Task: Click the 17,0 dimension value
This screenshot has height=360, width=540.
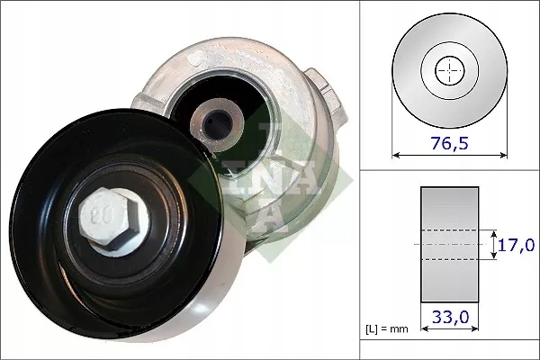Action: point(516,244)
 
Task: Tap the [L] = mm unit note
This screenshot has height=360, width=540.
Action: point(388,328)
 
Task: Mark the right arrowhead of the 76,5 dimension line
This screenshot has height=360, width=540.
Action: point(502,155)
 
